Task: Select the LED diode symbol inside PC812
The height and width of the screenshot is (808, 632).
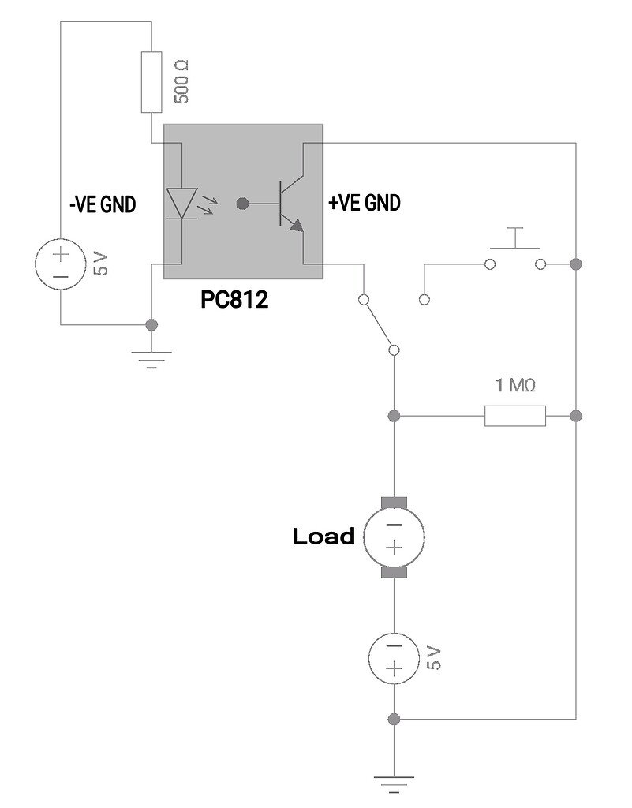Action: tap(182, 203)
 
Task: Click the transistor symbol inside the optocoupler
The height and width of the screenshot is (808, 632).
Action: tap(289, 204)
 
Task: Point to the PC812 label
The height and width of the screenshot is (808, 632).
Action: tap(235, 300)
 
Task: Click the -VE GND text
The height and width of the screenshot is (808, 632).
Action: tap(103, 204)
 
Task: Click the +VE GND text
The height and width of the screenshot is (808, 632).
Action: tap(364, 203)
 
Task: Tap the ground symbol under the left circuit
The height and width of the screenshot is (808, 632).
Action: tap(152, 359)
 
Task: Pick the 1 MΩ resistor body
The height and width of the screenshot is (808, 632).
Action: tap(515, 415)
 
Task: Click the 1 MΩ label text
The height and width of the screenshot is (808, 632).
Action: tap(515, 386)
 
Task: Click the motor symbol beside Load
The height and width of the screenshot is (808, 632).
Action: tap(394, 537)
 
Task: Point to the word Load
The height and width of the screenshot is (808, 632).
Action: tap(323, 537)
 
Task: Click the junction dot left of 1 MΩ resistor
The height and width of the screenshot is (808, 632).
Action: tap(394, 415)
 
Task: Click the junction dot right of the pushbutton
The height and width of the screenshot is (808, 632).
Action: tap(576, 263)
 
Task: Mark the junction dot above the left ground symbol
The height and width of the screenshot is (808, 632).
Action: tap(152, 324)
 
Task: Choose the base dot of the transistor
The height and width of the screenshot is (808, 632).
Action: tap(242, 204)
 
